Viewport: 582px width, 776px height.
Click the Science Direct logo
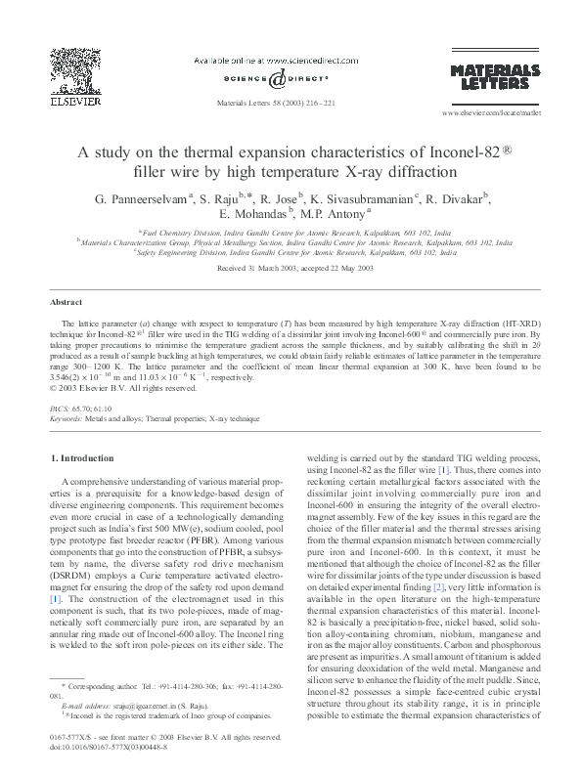(277, 80)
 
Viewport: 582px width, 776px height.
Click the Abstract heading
(66, 303)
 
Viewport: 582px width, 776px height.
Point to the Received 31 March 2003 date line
(291, 268)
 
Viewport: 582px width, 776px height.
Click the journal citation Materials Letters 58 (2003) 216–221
(291, 102)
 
